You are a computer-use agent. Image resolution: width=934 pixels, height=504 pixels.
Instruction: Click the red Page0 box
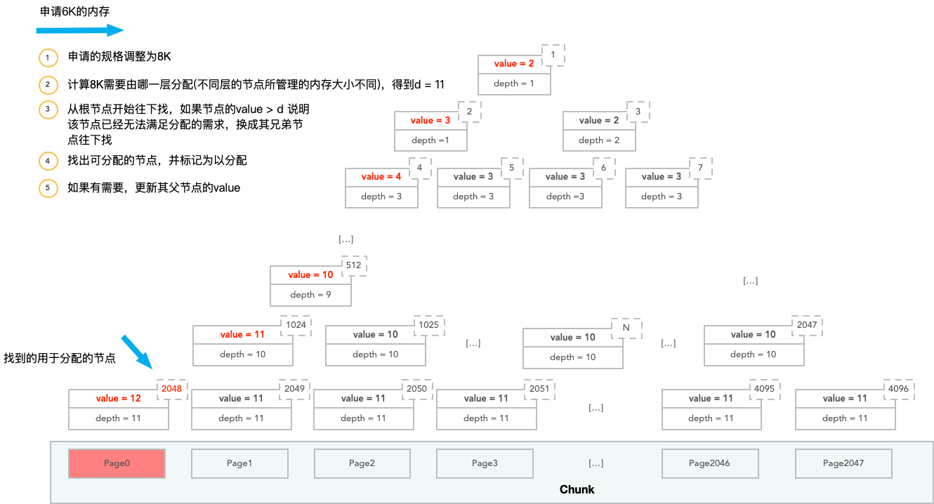point(117,463)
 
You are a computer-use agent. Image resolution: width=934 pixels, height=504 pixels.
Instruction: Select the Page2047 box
point(843,463)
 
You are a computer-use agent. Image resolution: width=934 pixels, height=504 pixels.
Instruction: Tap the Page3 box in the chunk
point(485,463)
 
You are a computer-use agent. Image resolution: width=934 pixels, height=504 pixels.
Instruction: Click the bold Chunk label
point(577,489)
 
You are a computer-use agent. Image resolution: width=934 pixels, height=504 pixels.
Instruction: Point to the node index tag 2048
point(171,388)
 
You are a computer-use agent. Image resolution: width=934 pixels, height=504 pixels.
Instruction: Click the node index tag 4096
point(898,388)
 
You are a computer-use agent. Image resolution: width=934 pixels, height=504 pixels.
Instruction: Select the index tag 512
point(353,265)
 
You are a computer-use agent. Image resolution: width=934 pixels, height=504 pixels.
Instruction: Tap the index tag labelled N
point(626,327)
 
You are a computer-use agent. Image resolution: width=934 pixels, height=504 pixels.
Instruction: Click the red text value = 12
point(118,398)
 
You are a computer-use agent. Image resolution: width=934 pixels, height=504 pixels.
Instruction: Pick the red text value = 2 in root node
point(514,64)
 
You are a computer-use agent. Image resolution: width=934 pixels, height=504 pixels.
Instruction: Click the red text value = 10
point(310,274)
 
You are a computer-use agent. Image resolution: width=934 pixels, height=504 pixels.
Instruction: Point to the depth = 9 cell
point(310,295)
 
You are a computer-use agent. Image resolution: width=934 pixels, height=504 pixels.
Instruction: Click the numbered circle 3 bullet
point(48,110)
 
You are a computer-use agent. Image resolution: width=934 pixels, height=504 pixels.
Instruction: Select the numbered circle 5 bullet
point(48,188)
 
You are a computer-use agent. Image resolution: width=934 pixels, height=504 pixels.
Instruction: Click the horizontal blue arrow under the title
point(79,30)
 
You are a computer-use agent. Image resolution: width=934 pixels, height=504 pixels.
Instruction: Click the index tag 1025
point(428,325)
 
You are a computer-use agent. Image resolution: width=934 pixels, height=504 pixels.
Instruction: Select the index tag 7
point(699,168)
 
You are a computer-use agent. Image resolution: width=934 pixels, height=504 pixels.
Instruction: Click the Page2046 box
point(709,463)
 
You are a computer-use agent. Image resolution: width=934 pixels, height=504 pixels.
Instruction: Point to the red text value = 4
point(381,177)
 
